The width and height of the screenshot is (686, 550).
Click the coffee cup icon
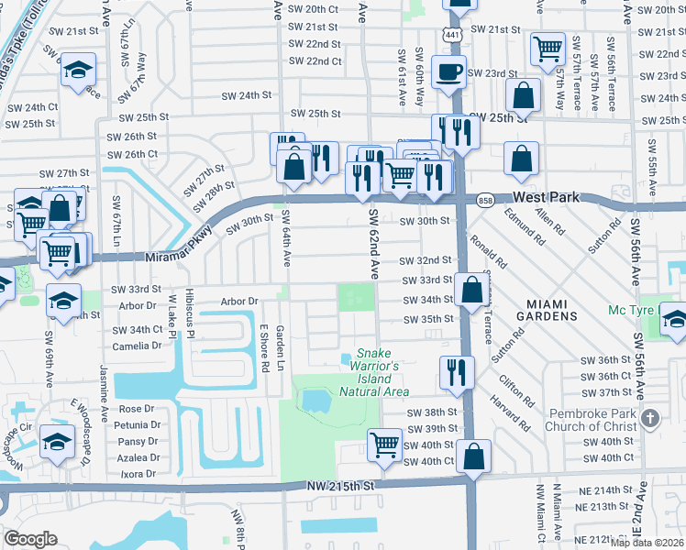[x=448, y=72]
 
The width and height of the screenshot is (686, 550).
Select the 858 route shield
[x=485, y=198]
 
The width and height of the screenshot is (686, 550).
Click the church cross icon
[x=650, y=418]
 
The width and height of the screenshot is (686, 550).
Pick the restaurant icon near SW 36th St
[x=457, y=371]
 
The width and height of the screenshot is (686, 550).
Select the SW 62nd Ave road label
[x=374, y=242]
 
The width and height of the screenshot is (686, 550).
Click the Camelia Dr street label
[x=137, y=346]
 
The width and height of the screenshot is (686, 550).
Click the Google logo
[x=30, y=539]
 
